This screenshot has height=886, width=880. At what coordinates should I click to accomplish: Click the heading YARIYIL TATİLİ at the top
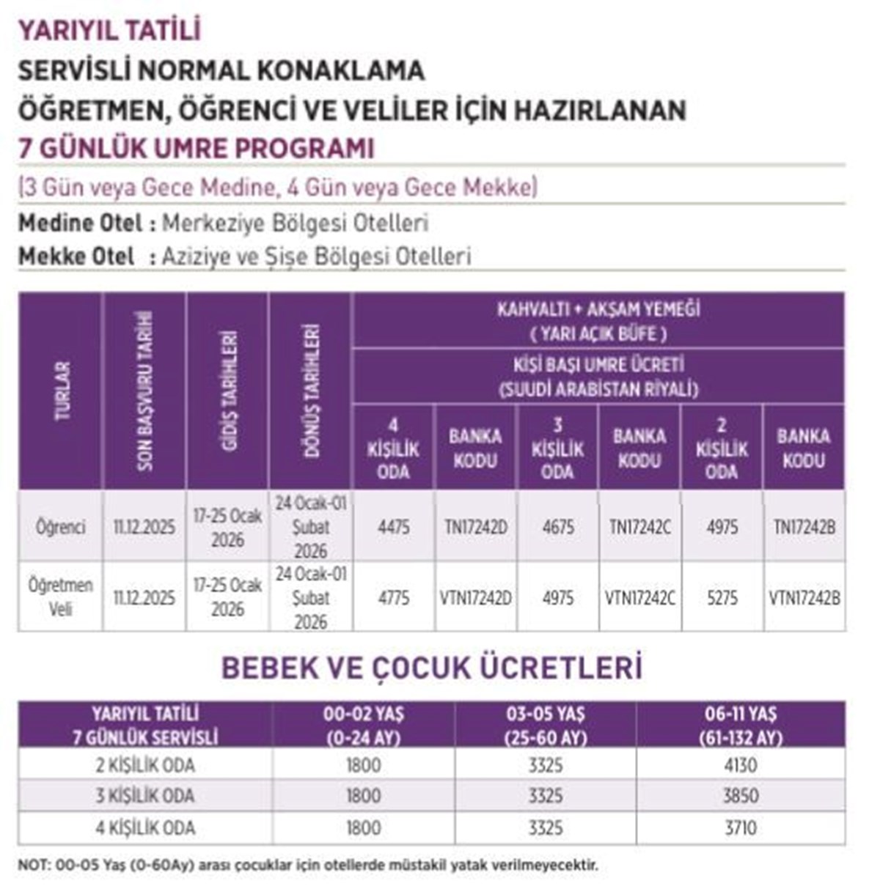coord(109,31)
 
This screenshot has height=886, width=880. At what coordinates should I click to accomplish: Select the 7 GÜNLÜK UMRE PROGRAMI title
coord(196,148)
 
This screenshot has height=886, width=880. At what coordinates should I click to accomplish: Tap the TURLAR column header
coord(62,391)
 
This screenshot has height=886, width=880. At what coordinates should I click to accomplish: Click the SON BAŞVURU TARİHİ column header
coord(144,391)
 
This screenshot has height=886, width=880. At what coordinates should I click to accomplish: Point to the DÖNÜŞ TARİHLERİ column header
coord(312,391)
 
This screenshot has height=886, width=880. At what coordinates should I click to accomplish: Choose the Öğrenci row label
coord(61,527)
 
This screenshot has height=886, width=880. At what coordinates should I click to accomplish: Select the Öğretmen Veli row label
coord(61,597)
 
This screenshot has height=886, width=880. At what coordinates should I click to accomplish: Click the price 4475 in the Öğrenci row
coord(394,527)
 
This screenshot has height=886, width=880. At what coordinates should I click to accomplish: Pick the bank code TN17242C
coord(639,527)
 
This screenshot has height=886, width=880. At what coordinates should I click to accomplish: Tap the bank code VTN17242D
coord(475,598)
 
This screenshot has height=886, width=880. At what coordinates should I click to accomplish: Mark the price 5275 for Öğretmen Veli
coord(722,598)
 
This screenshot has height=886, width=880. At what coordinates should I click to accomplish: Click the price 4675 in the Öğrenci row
coord(558,527)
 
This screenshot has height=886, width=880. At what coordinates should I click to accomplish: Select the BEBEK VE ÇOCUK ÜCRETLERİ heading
coord(432,668)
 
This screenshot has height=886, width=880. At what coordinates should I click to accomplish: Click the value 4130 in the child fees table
coord(740,766)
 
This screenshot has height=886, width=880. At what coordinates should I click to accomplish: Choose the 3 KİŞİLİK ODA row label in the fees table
coord(145,796)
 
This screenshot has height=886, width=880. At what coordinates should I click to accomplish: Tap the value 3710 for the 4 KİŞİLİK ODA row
coord(740,828)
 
